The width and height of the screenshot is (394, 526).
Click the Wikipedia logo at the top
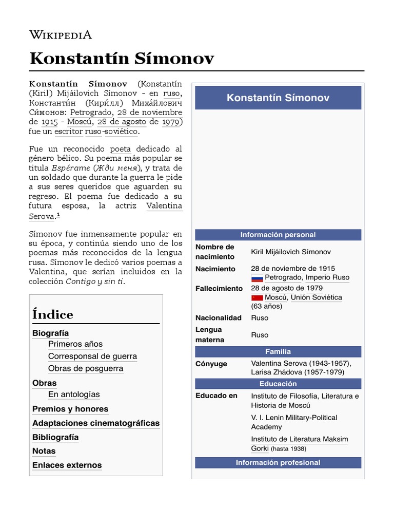(61, 35)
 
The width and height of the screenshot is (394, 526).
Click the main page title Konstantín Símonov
(122, 59)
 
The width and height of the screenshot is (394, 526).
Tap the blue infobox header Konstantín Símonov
(278, 98)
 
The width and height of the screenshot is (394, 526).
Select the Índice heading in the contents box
(53, 314)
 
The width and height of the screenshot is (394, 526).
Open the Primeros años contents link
(75, 344)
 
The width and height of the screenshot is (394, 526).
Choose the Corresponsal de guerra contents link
(92, 356)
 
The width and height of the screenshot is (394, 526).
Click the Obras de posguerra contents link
(86, 368)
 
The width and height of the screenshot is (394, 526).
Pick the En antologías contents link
(74, 394)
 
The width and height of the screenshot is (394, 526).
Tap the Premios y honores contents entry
(70, 409)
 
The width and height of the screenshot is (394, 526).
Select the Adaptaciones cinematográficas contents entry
(96, 423)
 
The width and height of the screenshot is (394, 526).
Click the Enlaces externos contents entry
(67, 465)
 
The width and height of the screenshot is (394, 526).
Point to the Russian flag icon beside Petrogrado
(257, 278)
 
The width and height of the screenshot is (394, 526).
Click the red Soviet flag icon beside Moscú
(257, 298)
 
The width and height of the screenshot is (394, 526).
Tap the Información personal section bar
(278, 235)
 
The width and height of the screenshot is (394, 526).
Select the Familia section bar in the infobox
(278, 351)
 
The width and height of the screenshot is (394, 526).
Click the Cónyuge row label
(211, 364)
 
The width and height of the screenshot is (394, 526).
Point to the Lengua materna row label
(209, 334)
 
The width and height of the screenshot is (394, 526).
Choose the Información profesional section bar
(278, 462)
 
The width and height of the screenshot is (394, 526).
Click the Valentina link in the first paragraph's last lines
(164, 205)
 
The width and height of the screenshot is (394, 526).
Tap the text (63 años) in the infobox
(266, 306)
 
